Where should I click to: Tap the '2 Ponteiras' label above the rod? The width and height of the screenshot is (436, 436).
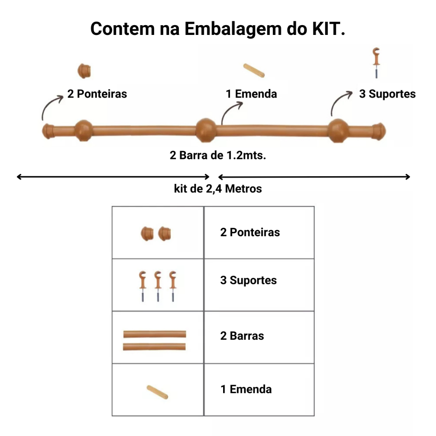click(x=97, y=94)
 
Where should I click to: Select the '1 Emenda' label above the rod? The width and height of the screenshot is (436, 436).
click(x=251, y=94)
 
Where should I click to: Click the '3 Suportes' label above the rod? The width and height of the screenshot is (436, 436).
click(x=387, y=94)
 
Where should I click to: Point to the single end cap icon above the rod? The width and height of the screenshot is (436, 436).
click(x=84, y=71)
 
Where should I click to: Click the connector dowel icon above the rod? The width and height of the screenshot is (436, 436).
click(x=254, y=71)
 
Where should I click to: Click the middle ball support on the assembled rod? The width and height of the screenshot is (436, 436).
click(x=207, y=129)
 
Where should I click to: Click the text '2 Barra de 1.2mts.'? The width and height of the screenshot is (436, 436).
click(x=218, y=155)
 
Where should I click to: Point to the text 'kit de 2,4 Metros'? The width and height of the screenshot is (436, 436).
click(x=218, y=188)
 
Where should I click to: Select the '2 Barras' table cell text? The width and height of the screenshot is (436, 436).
click(x=242, y=336)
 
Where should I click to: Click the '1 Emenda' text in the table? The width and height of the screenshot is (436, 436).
click(x=246, y=389)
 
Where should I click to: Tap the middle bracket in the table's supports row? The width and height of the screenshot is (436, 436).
click(x=158, y=285)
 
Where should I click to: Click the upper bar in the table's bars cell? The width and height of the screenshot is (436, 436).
click(x=155, y=334)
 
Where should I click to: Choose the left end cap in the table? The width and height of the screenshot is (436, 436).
click(x=147, y=233)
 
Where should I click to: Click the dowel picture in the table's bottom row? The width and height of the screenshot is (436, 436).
click(x=157, y=392)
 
